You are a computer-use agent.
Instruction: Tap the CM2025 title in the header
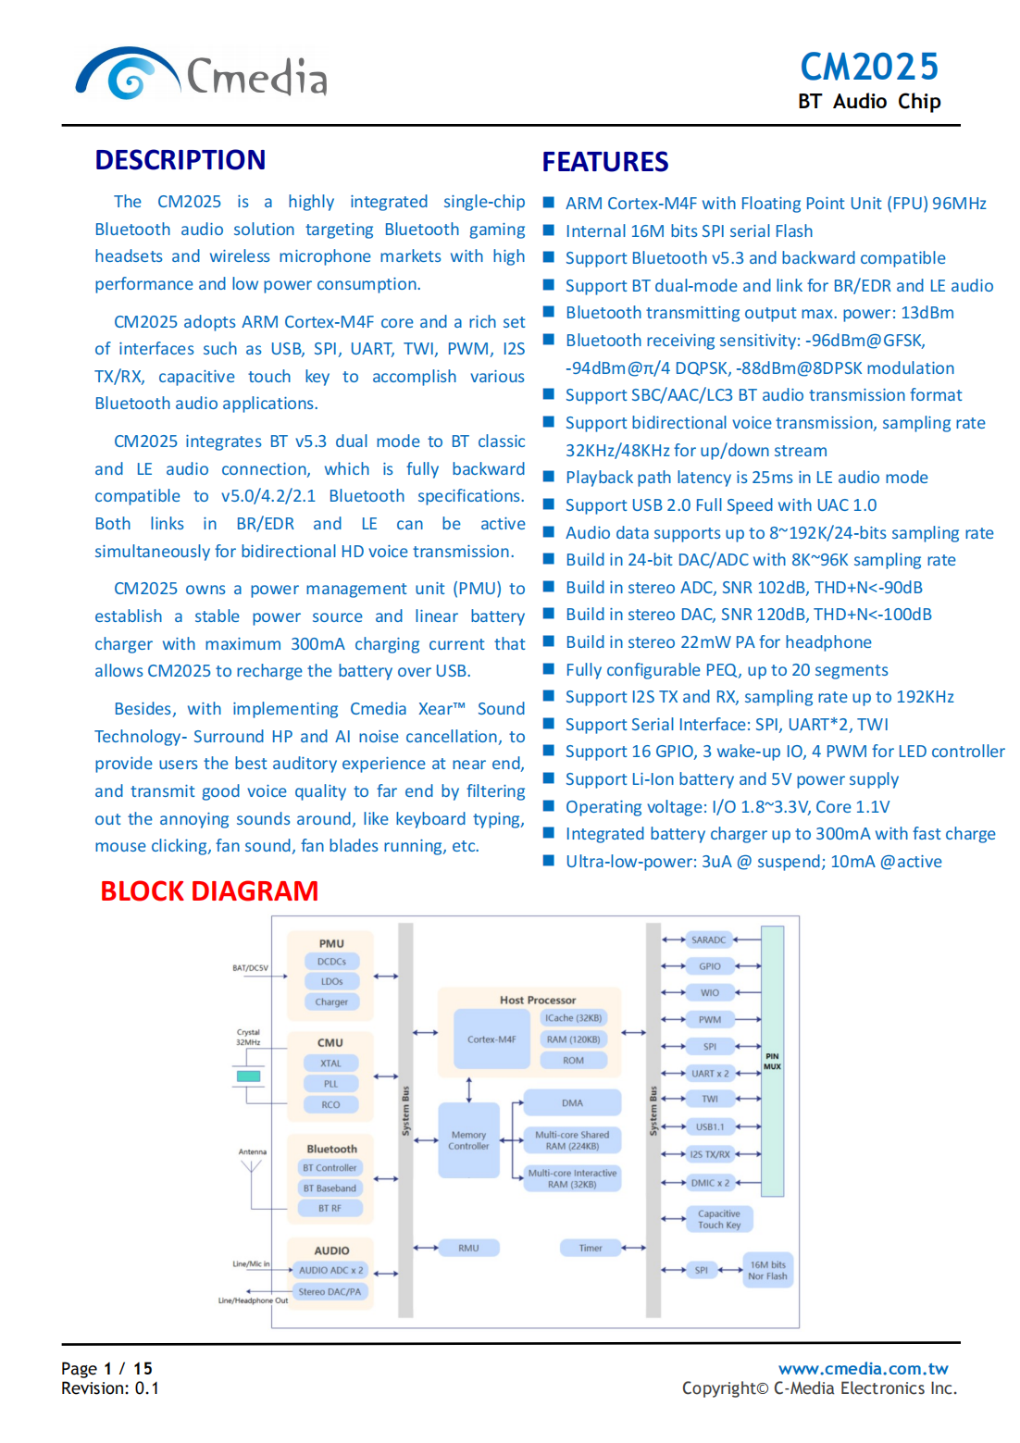868,67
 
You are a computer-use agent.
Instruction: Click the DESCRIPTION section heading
180,160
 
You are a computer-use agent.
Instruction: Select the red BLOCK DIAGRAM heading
209,890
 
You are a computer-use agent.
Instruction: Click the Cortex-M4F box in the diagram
491,1039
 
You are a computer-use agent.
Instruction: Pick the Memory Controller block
468,1140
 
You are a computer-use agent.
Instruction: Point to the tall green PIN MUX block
772,1061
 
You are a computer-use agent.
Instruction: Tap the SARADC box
709,939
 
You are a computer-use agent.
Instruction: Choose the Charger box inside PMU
331,1001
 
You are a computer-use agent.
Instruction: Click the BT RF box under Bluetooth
330,1208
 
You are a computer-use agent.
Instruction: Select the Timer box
590,1248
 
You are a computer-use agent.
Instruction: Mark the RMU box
468,1248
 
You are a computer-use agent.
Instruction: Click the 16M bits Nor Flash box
767,1270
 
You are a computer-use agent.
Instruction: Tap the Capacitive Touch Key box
719,1219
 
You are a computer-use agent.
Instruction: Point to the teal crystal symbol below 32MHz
248,1076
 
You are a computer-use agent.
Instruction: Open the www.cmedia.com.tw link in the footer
863,1368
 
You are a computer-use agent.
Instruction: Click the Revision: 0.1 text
110,1388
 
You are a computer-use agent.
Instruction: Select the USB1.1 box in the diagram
710,1126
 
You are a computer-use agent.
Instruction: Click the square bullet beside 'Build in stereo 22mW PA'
548,641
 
